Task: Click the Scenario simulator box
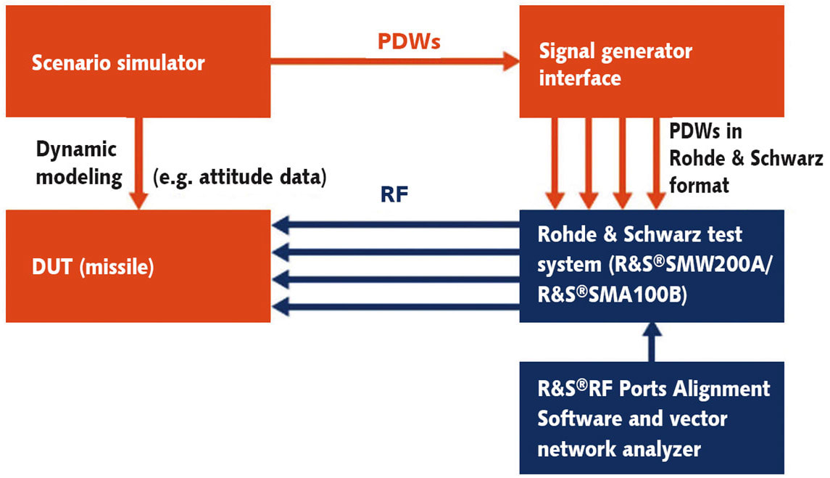(x=138, y=62)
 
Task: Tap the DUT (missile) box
(x=138, y=267)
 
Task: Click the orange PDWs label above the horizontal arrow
(x=410, y=41)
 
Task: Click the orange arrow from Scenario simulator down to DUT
(x=138, y=163)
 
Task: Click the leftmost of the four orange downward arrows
(x=555, y=163)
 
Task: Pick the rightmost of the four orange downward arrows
(x=655, y=163)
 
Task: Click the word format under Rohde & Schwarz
(x=699, y=186)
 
